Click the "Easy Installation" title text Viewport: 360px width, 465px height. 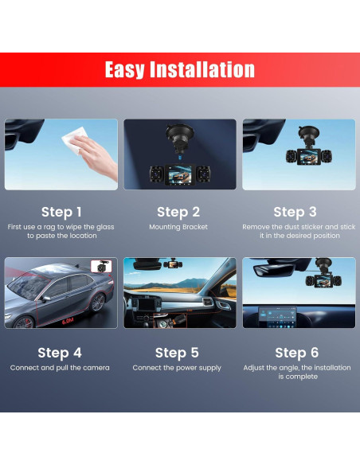[180, 70]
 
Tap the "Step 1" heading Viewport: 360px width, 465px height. [61, 212]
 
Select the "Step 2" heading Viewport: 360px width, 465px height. [178, 212]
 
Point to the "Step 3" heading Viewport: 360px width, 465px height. [295, 212]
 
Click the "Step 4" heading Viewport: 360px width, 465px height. [60, 353]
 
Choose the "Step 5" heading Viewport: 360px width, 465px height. [177, 353]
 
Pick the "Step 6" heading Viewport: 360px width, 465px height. [297, 353]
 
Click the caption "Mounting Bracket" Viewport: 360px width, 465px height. [178, 227]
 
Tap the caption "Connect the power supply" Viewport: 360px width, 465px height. [177, 368]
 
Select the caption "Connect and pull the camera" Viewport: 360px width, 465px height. [60, 368]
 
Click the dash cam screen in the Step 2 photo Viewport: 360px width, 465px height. [180, 175]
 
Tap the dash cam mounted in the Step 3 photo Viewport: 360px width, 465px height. [309, 148]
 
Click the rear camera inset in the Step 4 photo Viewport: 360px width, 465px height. [101, 266]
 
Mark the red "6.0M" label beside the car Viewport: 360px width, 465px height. [68, 321]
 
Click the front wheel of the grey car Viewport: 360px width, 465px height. [24, 322]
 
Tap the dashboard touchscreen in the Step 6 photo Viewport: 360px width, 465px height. [277, 318]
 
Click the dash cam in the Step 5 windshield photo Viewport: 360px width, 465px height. [173, 264]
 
